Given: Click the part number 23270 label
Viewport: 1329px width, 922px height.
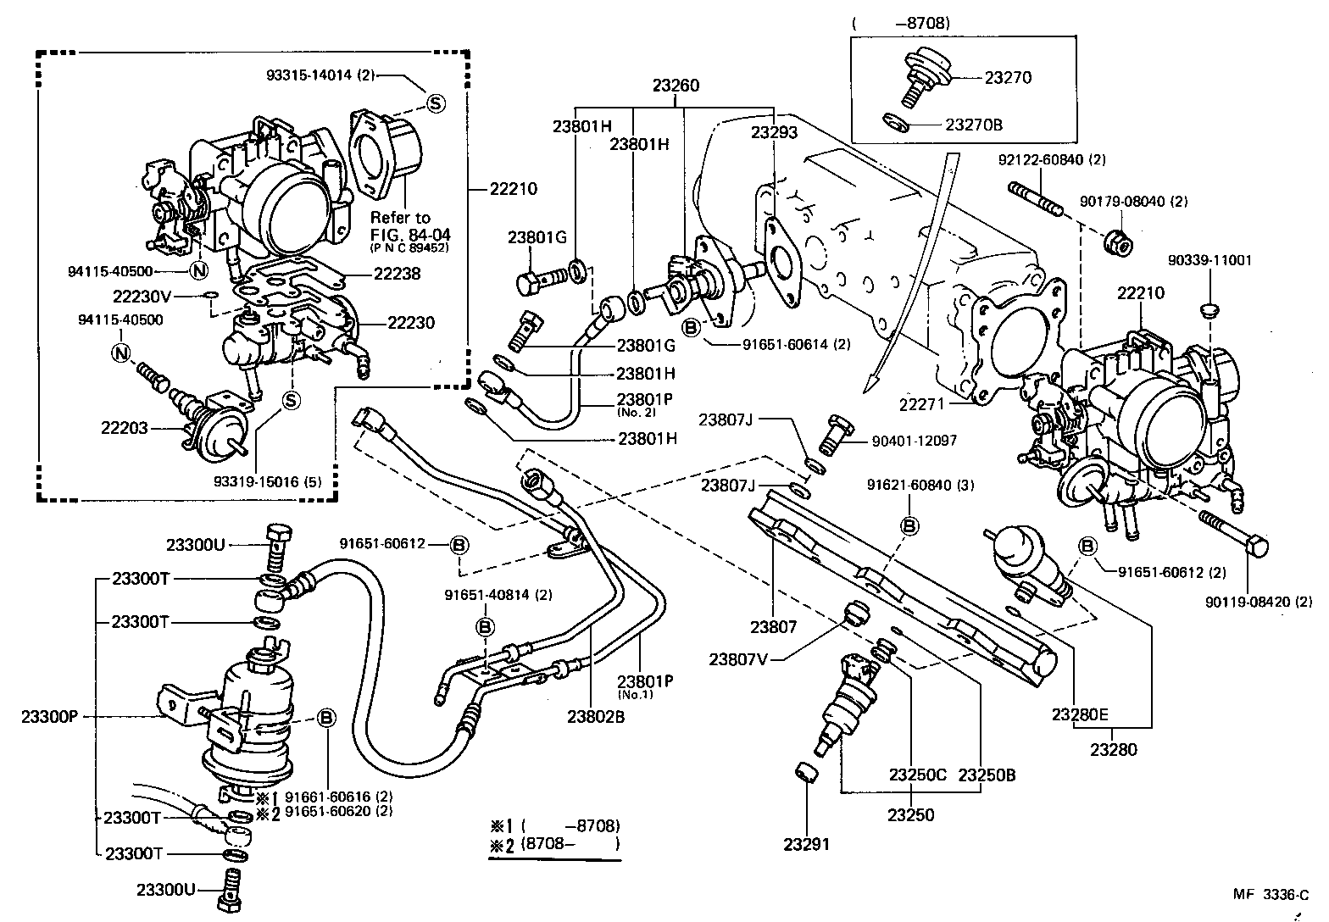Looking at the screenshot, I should pyautogui.click(x=1008, y=77).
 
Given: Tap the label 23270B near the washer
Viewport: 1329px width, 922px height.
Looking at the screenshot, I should pyautogui.click(x=974, y=125).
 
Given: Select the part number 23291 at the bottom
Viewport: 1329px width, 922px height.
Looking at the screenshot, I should pyautogui.click(x=806, y=844).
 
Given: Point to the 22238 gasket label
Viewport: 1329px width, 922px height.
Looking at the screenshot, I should pyautogui.click(x=397, y=274).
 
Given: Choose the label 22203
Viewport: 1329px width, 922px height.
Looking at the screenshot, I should pyautogui.click(x=125, y=428).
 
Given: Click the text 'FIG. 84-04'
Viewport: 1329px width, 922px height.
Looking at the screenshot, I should pyautogui.click(x=406, y=233).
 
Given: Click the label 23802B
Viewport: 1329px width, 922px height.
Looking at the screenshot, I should pyautogui.click(x=596, y=717).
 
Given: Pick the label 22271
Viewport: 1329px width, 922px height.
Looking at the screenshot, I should pyautogui.click(x=921, y=406).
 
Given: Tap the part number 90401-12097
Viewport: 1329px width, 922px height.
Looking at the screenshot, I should pyautogui.click(x=915, y=442).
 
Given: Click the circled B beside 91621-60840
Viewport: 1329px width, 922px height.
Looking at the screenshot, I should pyautogui.click(x=909, y=526).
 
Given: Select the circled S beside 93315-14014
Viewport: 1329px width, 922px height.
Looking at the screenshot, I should pyautogui.click(x=435, y=103).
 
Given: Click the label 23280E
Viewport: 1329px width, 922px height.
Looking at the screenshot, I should pyautogui.click(x=1081, y=714).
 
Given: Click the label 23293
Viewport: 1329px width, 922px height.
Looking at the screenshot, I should pyautogui.click(x=774, y=132).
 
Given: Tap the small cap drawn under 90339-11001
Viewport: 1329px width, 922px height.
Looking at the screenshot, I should pyautogui.click(x=1209, y=306).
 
